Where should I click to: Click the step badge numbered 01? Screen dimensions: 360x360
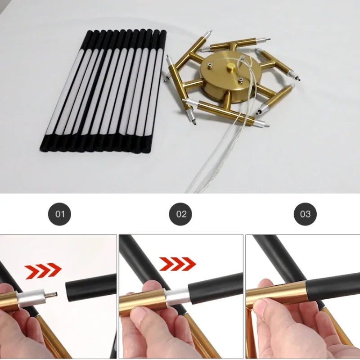(59, 214)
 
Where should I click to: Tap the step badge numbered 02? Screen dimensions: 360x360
(180, 214)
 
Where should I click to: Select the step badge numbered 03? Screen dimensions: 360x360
(305, 214)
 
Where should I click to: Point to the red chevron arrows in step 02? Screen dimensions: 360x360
(178, 264)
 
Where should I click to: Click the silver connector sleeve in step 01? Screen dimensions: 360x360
(31, 297)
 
